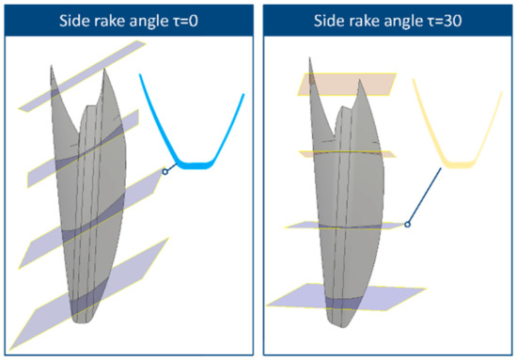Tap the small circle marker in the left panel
pyautogui.click(x=165, y=172)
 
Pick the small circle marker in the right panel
pyautogui.click(x=407, y=224)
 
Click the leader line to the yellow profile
pyautogui.click(x=425, y=195)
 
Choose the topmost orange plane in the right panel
pyautogui.click(x=339, y=84)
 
